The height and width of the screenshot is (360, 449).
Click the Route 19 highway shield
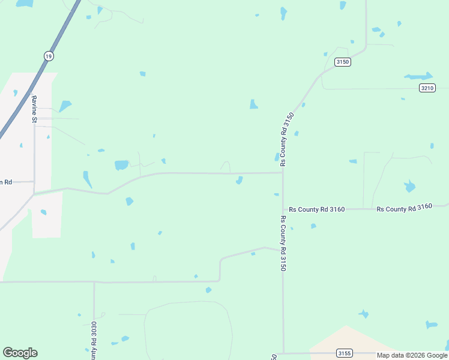pos(49,56)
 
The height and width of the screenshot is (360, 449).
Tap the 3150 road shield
pos(343,62)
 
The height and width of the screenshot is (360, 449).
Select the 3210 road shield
pos(427,88)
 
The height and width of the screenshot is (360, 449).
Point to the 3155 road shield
pos(344,353)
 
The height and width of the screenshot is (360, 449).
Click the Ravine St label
pos(35,109)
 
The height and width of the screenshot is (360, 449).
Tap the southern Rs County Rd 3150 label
pos(283,243)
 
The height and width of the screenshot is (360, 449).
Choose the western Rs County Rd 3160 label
pos(316,209)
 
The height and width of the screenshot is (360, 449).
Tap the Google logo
pos(20,353)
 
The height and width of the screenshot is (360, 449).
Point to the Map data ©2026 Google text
pos(411,355)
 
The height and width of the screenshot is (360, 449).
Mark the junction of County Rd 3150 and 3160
pos(283,209)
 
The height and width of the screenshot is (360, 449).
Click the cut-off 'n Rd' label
pos(6,181)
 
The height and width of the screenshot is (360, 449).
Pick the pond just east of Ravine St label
pos(65,106)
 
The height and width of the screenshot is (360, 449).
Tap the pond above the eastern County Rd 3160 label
pos(409,186)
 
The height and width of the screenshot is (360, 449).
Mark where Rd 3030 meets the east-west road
pos(94,281)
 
